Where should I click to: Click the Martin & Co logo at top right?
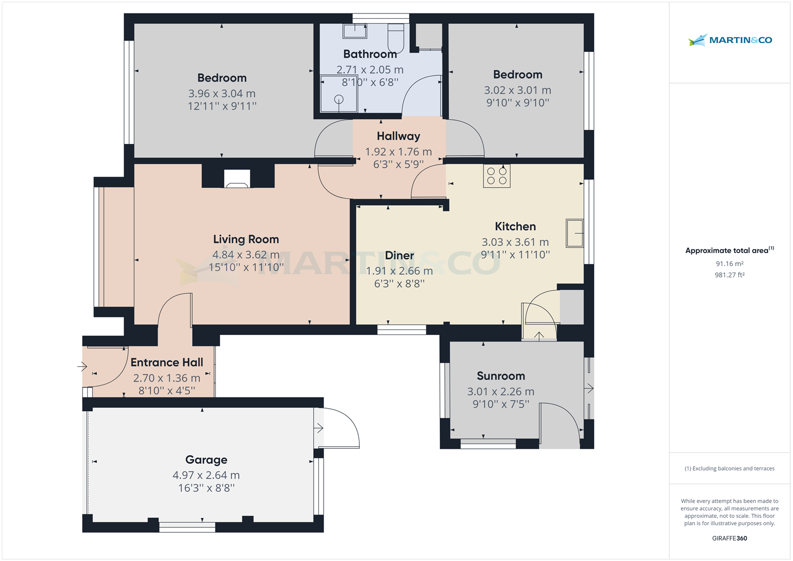(x=730, y=40)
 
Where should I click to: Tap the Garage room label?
(x=206, y=460)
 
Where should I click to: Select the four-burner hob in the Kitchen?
(x=496, y=176)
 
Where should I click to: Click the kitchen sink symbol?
(x=574, y=233)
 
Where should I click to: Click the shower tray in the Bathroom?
(x=339, y=94)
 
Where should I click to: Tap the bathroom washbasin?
(x=355, y=31)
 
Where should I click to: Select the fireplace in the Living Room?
(x=237, y=179)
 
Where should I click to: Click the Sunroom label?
(x=501, y=376)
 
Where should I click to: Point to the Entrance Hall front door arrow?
(x=83, y=367)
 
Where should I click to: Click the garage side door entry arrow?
(x=319, y=428)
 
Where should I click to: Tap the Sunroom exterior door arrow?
(x=588, y=388)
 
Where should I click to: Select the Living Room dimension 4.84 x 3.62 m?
(x=246, y=255)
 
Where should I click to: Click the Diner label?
(x=399, y=256)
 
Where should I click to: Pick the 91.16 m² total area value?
(x=729, y=264)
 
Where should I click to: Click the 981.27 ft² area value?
(x=729, y=275)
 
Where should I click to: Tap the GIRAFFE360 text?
(x=729, y=538)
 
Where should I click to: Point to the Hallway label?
(x=398, y=136)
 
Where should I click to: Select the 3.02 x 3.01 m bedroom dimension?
(x=517, y=90)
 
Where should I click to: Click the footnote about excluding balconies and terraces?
(x=729, y=469)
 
